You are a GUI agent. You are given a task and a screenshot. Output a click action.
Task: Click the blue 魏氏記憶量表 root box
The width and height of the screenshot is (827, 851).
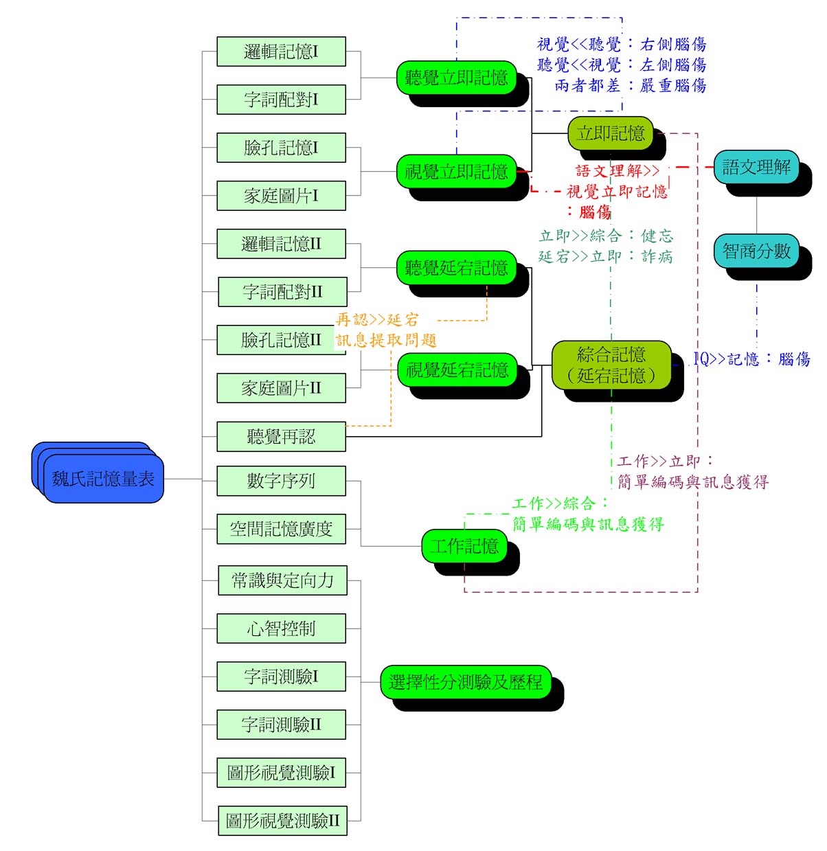(103, 479)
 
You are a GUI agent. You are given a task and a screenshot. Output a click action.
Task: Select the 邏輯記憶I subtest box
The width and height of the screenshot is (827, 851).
(281, 52)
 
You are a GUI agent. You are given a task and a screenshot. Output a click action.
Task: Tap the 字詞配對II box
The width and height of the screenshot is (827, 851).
(282, 292)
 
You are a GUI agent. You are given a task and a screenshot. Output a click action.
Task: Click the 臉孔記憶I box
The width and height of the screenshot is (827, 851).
(281, 148)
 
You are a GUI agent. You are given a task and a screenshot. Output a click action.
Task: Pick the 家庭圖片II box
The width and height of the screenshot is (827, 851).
(281, 388)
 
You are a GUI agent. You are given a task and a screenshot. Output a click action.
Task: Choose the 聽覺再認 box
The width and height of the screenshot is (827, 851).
(281, 436)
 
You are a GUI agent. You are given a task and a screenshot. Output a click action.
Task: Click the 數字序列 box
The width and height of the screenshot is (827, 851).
(281, 481)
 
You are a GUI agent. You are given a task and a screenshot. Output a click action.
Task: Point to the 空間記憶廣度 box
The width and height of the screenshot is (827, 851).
(281, 529)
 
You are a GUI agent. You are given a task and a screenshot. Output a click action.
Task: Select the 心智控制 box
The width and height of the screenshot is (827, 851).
(281, 628)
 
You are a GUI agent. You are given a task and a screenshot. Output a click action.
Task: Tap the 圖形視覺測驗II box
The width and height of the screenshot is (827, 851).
(282, 821)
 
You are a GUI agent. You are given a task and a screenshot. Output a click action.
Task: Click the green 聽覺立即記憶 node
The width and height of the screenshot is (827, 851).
(456, 78)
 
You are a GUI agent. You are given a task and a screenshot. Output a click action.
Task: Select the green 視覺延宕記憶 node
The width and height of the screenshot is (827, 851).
(457, 370)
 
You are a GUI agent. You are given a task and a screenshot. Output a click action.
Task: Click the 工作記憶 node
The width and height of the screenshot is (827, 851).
(464, 546)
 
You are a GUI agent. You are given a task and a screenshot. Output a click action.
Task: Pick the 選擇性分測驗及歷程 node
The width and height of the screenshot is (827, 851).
(466, 682)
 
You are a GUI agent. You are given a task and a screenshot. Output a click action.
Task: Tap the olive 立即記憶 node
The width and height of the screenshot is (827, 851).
(611, 133)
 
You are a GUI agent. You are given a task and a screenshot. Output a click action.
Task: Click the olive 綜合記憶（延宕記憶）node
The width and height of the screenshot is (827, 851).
(611, 365)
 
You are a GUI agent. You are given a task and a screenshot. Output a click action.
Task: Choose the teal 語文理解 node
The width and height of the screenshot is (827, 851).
(756, 167)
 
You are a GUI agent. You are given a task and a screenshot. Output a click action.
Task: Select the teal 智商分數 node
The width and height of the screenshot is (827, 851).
(756, 251)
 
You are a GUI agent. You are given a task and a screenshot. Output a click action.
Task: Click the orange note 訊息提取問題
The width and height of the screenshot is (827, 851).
(386, 340)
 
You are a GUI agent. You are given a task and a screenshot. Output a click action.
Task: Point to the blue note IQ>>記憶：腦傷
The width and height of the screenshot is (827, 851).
(751, 359)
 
